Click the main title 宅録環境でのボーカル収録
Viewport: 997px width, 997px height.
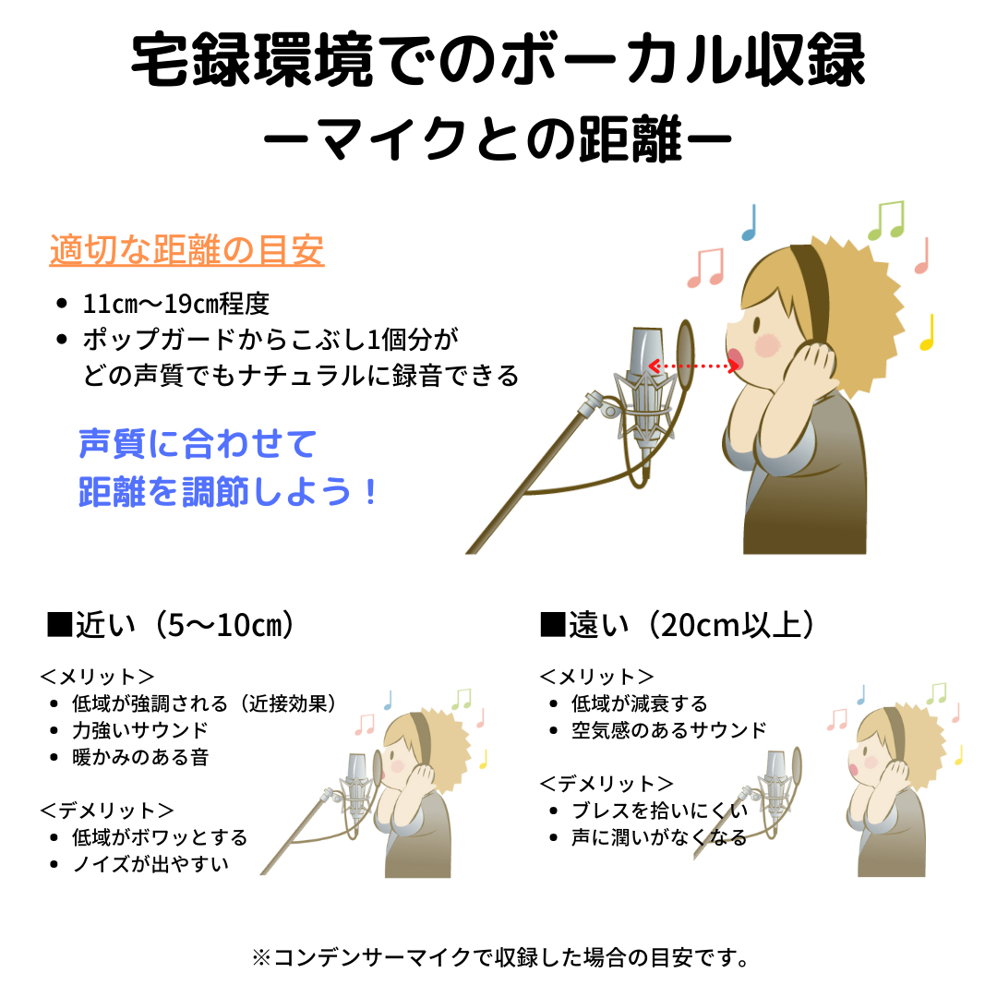point(498,63)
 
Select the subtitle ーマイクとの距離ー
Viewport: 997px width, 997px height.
point(498,140)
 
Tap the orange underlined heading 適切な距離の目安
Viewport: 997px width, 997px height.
point(186,251)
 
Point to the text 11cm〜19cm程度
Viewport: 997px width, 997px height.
point(175,304)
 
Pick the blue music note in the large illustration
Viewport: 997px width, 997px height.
point(750,222)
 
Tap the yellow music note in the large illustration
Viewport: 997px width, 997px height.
point(928,332)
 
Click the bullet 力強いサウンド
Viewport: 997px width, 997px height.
point(140,730)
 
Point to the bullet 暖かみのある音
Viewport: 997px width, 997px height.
point(140,757)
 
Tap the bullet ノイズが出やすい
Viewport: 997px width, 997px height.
point(150,864)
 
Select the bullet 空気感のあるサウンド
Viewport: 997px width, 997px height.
point(669,730)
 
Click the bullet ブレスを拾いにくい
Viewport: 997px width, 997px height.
point(659,811)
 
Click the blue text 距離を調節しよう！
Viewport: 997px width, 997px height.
point(228,492)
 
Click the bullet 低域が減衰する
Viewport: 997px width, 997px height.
point(639,703)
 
